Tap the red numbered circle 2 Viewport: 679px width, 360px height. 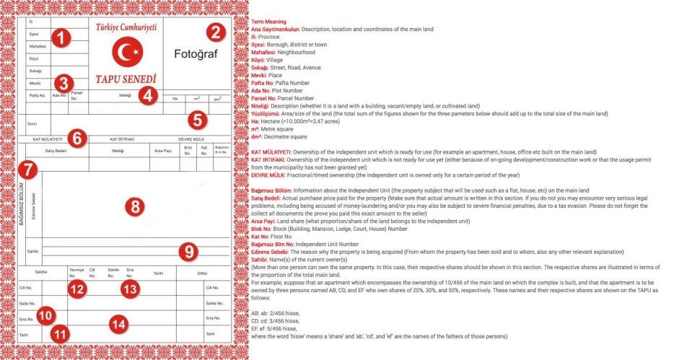coord(215,32)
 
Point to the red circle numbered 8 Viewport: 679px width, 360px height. coord(134,206)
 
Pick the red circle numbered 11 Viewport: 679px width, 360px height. coord(61,335)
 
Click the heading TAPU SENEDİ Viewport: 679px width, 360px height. coord(126,78)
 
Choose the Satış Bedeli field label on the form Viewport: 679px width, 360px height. coord(56,151)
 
